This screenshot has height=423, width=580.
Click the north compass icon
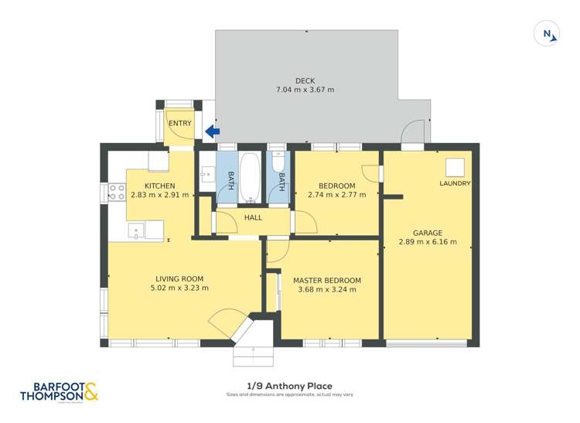(547, 34)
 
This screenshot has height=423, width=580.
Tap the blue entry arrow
(212, 132)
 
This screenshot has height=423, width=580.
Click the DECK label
(305, 80)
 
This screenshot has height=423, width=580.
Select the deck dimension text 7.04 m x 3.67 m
(305, 90)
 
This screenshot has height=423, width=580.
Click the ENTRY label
(179, 123)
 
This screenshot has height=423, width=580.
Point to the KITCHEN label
(159, 186)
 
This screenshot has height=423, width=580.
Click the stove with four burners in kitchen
(118, 192)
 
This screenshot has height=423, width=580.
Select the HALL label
(253, 218)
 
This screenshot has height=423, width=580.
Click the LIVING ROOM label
(179, 279)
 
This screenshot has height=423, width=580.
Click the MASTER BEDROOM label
(326, 280)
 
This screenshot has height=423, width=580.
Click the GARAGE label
(427, 232)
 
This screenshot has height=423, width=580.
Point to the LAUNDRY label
(455, 183)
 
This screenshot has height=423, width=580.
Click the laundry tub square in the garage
(454, 167)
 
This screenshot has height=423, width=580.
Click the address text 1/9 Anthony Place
(289, 387)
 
